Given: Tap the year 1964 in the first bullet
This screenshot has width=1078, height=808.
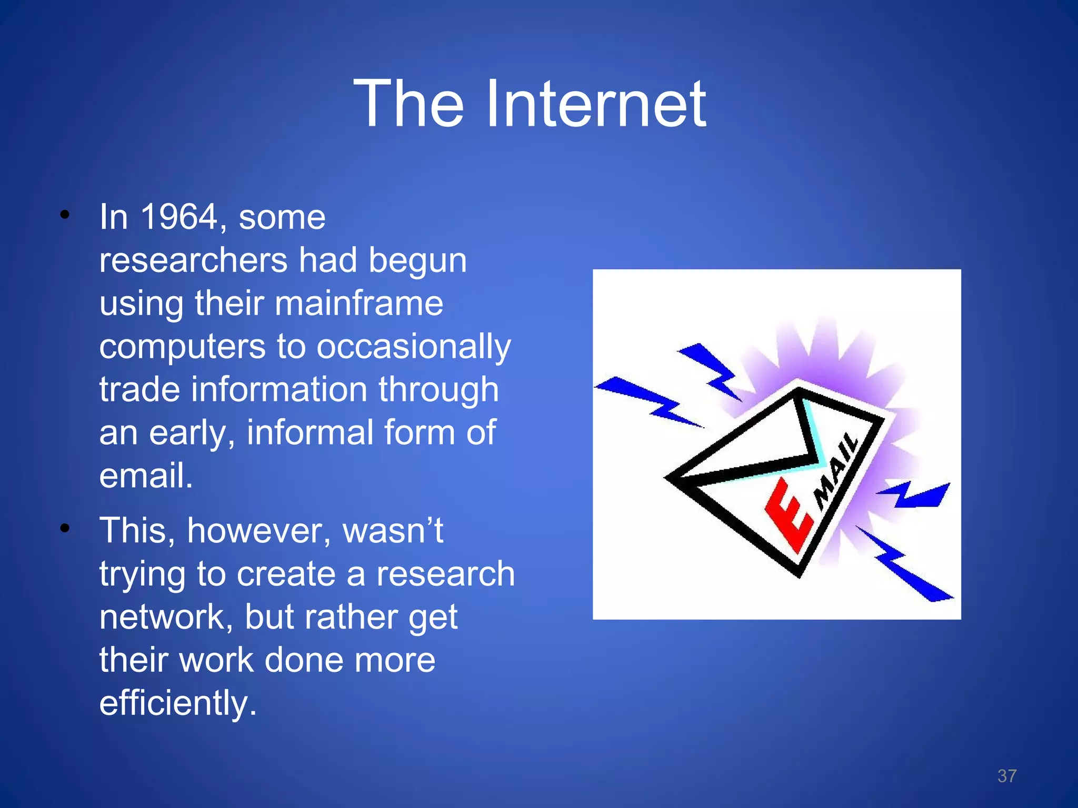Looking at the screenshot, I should [x=179, y=217].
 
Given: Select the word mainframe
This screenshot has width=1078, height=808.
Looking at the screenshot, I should [x=359, y=304].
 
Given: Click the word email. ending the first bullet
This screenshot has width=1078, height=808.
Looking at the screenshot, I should [x=146, y=476].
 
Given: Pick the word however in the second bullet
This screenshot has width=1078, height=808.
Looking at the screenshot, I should [x=258, y=530].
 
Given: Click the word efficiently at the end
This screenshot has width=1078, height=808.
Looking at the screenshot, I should [x=178, y=703].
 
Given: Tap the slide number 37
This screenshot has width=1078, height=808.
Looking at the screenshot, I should [x=1006, y=776].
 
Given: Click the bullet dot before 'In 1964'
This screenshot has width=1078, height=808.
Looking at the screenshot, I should [x=65, y=215].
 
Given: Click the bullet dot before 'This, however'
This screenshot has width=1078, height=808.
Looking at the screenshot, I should [x=65, y=528].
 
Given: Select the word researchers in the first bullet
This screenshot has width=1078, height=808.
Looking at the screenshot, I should [x=194, y=260].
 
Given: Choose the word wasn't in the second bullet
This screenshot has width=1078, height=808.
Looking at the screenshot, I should [x=393, y=530].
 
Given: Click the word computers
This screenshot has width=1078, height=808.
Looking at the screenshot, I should [x=183, y=347].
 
